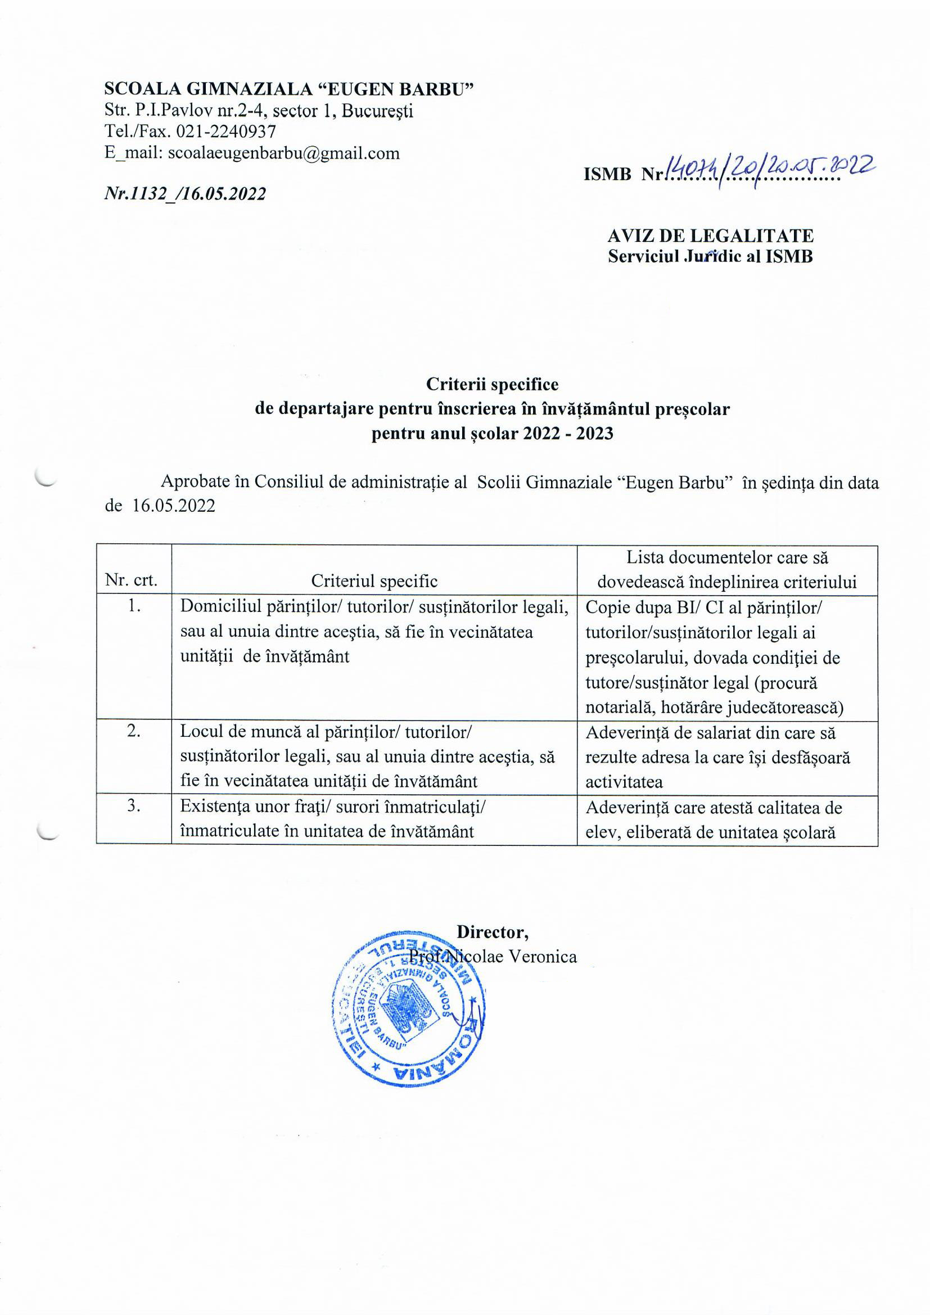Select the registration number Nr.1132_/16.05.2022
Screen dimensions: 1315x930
pos(185,193)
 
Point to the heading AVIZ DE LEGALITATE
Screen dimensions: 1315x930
pos(710,236)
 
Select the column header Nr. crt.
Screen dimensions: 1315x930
pos(131,582)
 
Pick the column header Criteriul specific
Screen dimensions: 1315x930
pos(374,582)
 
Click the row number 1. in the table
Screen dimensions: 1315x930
pos(134,606)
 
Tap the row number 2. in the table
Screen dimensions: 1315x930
pos(134,731)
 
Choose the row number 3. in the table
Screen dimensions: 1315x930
pos(134,806)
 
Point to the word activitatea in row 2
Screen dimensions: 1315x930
pos(624,781)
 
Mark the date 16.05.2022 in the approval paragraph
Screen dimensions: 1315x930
pos(174,506)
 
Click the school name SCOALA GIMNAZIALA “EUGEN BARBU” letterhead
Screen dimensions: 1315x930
pos(288,89)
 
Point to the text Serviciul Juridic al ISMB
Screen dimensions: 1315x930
pos(710,256)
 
